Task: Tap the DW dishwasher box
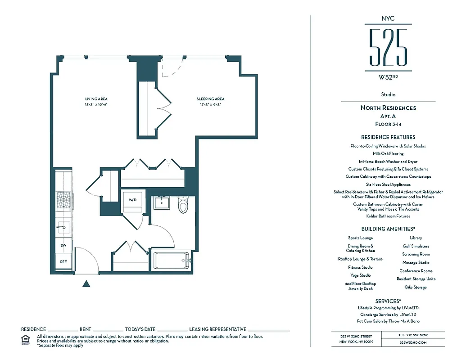click(x=63, y=246)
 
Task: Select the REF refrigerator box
click(x=63, y=261)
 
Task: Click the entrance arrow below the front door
click(x=87, y=283)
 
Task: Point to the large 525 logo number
click(x=388, y=47)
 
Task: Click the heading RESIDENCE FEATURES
click(x=388, y=137)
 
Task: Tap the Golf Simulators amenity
click(x=416, y=246)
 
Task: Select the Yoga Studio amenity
click(x=361, y=275)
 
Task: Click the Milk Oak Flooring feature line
click(x=388, y=153)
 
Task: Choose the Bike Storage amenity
click(x=416, y=287)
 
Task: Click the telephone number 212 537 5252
click(x=413, y=335)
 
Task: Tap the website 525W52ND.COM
click(x=413, y=343)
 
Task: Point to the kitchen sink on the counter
click(x=63, y=227)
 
